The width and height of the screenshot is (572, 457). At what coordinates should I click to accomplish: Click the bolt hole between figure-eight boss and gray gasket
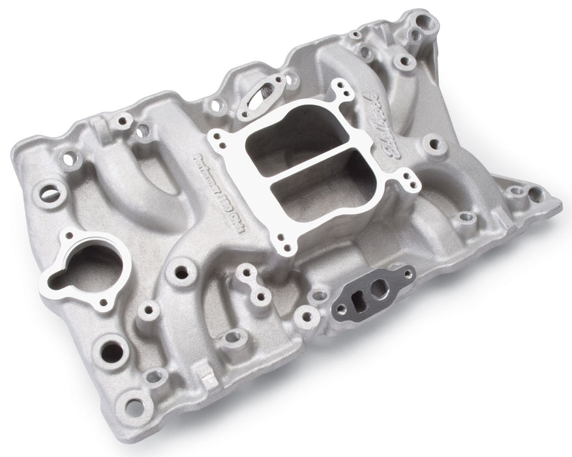(x=304, y=317)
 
